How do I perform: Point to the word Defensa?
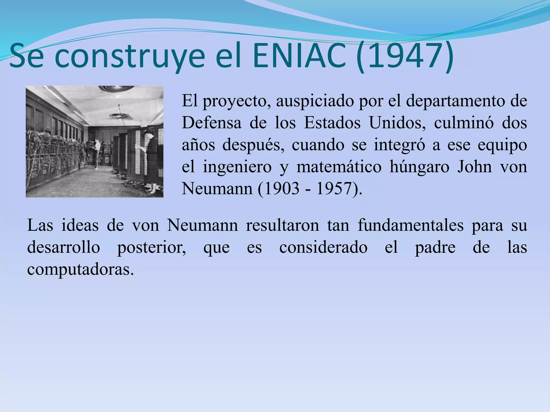click(x=211, y=123)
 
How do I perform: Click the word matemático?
click(x=339, y=167)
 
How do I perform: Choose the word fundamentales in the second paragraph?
click(x=410, y=225)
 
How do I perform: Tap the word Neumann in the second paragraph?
click(x=202, y=225)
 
